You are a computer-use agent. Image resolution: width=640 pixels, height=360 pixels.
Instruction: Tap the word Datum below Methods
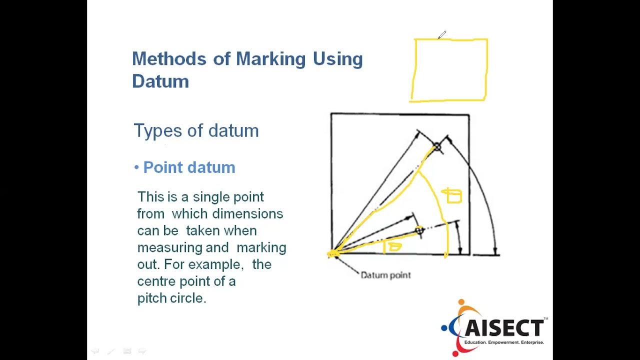[160, 81]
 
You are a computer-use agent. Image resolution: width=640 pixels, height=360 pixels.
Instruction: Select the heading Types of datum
[196, 131]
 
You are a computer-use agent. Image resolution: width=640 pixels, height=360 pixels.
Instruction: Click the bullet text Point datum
[189, 167]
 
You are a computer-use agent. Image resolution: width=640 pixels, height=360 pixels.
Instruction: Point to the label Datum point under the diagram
[385, 275]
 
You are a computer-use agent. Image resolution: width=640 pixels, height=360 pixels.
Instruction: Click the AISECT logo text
[503, 328]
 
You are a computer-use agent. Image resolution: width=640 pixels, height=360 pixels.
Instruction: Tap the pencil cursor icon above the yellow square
[441, 35]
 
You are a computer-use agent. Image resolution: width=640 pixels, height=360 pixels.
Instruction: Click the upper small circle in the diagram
[437, 146]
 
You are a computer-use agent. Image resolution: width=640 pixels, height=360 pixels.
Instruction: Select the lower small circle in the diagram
[419, 230]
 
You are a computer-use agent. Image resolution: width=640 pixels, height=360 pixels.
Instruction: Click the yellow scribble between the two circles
[453, 195]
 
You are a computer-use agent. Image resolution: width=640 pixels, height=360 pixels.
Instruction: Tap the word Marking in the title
[270, 59]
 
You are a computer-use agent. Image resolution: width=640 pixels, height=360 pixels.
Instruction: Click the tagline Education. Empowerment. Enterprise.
[504, 342]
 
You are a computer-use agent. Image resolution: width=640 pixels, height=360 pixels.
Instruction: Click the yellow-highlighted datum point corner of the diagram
[333, 254]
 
